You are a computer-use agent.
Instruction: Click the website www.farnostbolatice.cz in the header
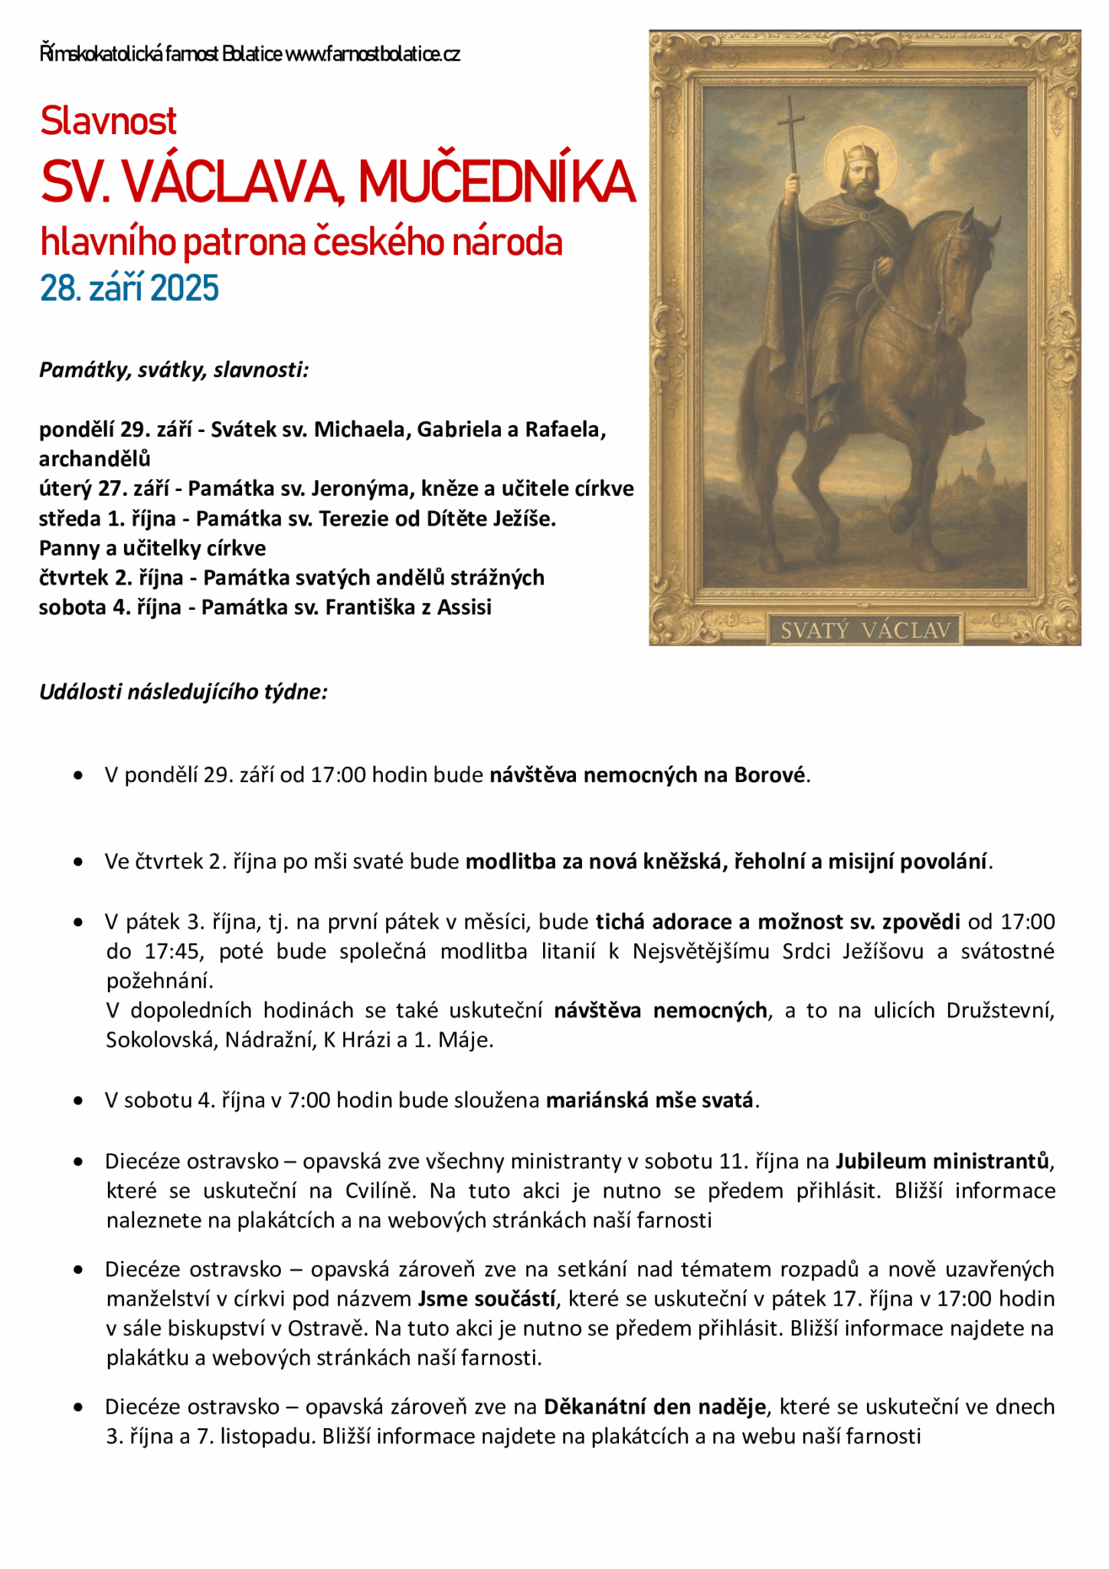click(372, 54)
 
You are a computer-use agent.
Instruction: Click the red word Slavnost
click(108, 121)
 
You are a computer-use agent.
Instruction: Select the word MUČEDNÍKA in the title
click(497, 182)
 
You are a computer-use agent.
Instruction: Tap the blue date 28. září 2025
click(129, 288)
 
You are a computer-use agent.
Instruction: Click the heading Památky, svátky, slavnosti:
click(174, 371)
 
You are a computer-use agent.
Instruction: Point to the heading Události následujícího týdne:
click(183, 692)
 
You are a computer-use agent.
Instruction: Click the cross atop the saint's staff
click(791, 123)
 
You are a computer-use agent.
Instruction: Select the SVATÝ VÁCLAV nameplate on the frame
click(865, 631)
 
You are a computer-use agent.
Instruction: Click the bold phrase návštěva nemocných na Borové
click(647, 775)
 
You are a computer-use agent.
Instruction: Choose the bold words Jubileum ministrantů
click(942, 1161)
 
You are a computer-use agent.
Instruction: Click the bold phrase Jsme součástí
click(487, 1299)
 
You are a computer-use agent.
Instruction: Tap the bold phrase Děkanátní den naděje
click(655, 1407)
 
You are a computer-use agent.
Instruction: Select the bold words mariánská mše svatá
click(649, 1101)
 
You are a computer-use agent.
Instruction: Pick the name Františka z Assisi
click(408, 608)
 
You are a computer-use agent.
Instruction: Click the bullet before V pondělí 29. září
click(78, 776)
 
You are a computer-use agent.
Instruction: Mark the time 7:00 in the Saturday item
click(309, 1101)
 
